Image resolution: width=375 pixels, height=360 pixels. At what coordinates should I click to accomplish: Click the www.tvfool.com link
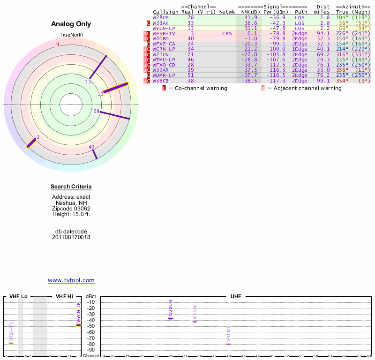(x=71, y=280)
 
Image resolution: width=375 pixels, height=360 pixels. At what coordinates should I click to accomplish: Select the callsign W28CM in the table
(x=161, y=17)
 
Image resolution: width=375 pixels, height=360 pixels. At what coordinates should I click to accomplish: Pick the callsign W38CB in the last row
(x=161, y=81)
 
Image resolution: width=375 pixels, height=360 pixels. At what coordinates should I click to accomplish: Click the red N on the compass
(x=57, y=44)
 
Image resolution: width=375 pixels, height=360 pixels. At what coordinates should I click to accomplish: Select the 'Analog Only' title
(x=71, y=24)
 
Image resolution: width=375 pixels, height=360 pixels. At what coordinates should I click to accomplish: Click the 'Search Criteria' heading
(x=71, y=187)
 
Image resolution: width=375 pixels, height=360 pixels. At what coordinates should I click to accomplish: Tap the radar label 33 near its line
(x=88, y=82)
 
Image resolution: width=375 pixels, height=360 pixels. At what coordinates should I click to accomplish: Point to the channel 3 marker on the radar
(x=31, y=143)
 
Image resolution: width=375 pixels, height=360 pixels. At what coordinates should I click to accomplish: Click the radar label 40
(x=91, y=147)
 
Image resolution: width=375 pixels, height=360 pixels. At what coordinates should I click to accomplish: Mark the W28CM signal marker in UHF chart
(x=170, y=318)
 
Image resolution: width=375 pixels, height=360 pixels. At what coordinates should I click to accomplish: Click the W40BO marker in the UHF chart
(x=228, y=344)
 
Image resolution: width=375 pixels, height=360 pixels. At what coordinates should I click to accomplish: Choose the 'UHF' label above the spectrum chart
(x=236, y=297)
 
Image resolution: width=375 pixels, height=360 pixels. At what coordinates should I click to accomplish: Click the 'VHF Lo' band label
(x=18, y=297)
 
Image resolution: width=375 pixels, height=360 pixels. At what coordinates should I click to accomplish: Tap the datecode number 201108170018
(x=71, y=237)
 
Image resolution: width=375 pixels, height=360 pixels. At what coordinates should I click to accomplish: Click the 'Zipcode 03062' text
(x=71, y=209)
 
